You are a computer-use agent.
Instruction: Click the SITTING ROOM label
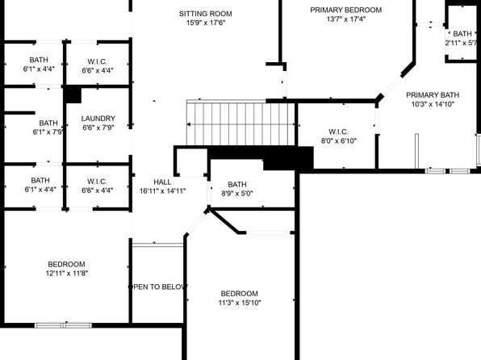coord(206,14)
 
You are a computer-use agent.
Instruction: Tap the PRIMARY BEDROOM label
coord(346,10)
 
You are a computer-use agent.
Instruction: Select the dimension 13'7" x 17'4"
coord(346,19)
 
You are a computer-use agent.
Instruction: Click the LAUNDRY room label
coord(98,119)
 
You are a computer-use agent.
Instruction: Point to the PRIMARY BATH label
coord(433,95)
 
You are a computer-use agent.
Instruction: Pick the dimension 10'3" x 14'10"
coord(433,104)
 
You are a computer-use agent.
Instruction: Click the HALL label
coord(162,182)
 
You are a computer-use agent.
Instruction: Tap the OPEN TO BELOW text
coord(157,287)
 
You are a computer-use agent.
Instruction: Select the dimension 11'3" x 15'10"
coord(240,303)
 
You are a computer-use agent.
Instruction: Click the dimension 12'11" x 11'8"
coord(67,274)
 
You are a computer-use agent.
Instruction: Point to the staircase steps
coord(240,123)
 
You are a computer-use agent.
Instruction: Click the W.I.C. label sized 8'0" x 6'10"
coord(339,132)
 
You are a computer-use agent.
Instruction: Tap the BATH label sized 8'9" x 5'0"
coord(237,185)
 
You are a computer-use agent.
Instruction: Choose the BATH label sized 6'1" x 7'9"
coord(48,123)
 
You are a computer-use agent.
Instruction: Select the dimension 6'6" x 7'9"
coord(98,128)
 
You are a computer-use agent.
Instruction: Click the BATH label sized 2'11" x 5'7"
coord(462,34)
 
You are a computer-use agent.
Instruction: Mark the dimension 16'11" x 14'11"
coord(162,191)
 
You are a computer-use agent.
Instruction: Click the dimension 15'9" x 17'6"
coord(206,23)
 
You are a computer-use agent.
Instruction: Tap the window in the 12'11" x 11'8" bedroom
coord(63,325)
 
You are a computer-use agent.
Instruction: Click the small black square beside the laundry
coord(73,95)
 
